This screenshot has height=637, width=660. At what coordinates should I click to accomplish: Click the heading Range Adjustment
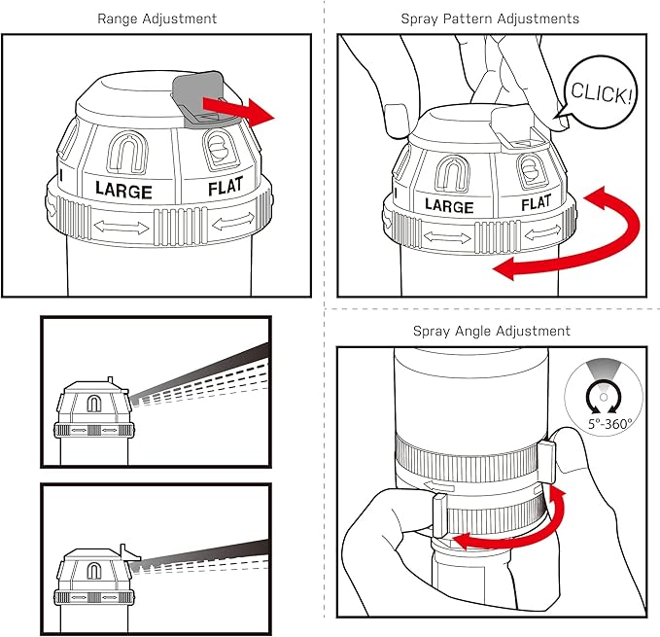coord(157,18)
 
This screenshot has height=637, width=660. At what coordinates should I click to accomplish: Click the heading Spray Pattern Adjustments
coord(490,18)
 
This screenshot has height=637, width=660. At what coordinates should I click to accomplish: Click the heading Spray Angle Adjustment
coord(491,331)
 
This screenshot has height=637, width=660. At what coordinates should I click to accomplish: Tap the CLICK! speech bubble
coord(602,94)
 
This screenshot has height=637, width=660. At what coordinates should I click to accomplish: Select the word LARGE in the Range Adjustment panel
coord(123,190)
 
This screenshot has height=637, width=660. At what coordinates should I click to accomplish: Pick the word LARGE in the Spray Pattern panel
coord(449,205)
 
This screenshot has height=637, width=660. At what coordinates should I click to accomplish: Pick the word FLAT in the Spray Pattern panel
coord(536,203)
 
